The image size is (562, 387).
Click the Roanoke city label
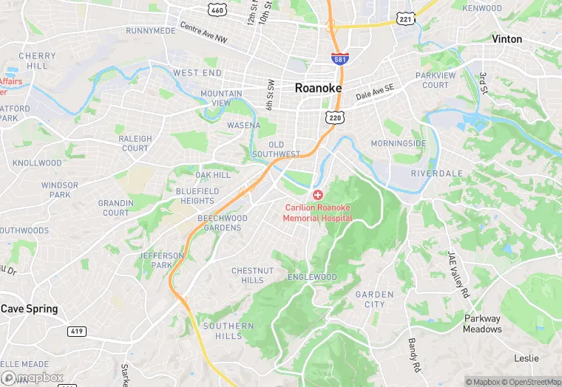click(x=318, y=87)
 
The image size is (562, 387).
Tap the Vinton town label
click(x=507, y=39)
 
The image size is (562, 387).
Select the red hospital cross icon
click(x=318, y=195)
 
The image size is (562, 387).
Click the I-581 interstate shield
click(x=337, y=58)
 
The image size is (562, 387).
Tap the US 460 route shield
click(x=217, y=10)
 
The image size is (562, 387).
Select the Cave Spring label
click(x=29, y=309)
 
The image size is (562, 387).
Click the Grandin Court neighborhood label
click(x=115, y=208)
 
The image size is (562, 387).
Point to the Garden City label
click(x=374, y=299)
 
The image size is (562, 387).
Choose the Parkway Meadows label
click(x=482, y=324)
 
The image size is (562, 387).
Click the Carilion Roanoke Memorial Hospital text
click(x=318, y=213)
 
